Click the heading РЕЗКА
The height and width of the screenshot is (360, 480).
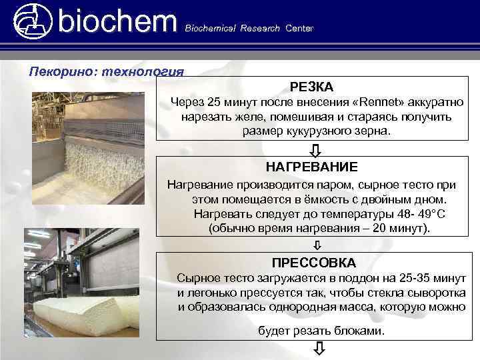click(311, 87)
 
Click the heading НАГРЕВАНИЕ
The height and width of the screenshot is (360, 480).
click(311, 167)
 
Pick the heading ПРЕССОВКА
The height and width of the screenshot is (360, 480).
click(314, 263)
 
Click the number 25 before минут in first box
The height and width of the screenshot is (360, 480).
click(213, 103)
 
